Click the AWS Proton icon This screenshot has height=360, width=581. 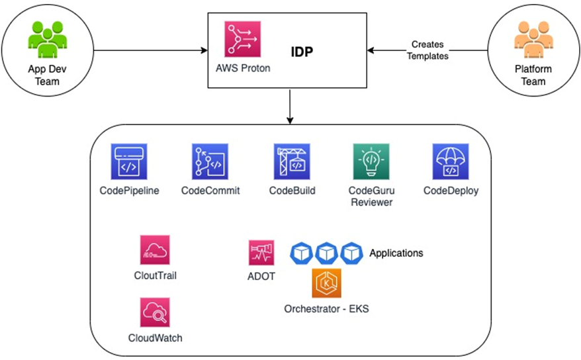[x=242, y=39]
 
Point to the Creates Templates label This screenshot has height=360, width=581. [x=427, y=50]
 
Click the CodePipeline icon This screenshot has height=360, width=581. [x=129, y=161]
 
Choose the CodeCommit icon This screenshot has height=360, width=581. [x=210, y=161]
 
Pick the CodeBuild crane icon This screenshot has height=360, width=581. [x=292, y=161]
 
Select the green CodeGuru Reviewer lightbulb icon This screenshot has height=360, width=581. [x=371, y=161]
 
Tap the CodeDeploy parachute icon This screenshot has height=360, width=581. [x=451, y=161]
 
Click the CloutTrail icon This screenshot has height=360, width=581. [x=156, y=251]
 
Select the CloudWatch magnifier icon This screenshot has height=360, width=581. [x=156, y=312]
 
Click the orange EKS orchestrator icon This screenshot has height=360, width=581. [x=326, y=284]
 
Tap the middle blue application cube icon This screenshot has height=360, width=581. [x=327, y=252]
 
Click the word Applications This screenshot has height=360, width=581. [x=396, y=253]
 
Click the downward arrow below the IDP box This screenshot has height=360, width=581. [x=290, y=106]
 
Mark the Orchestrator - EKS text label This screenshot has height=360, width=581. [x=326, y=309]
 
